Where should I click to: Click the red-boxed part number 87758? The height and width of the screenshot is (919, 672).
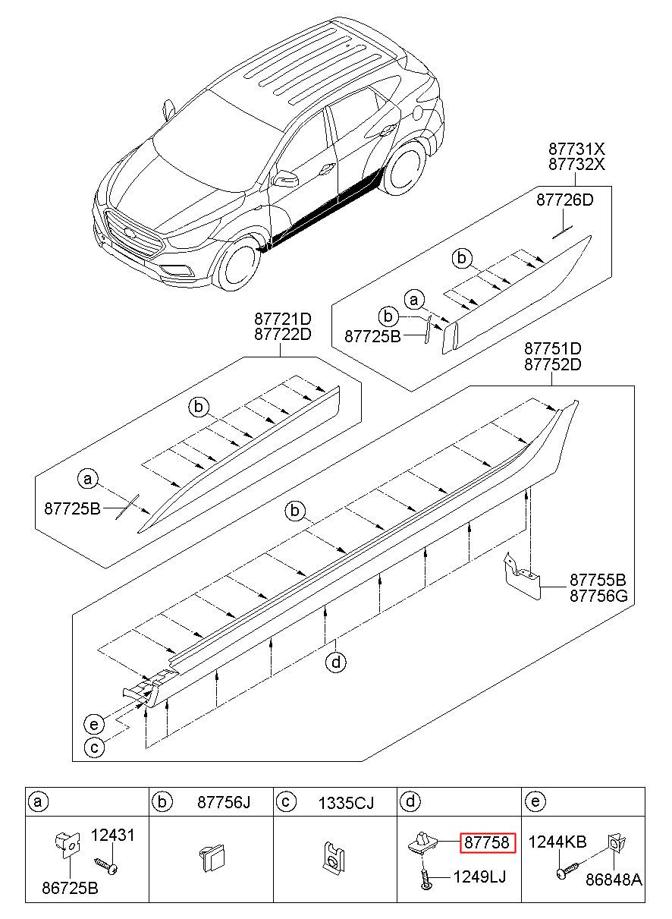point(486,843)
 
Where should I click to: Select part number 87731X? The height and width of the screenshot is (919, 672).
point(576,149)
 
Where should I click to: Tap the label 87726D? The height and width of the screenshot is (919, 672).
point(564,200)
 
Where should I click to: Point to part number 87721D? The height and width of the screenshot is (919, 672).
point(282,319)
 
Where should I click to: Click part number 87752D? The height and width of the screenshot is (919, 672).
point(553,364)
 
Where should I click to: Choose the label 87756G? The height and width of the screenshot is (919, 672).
point(598,595)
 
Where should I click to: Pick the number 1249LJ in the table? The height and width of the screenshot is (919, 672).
point(479,877)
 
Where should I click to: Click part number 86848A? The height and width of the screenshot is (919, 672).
point(614,880)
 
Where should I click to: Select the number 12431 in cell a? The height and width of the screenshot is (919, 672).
point(112,835)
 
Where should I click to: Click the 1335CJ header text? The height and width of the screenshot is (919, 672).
point(346,802)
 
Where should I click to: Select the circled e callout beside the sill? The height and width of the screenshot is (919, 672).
point(94,725)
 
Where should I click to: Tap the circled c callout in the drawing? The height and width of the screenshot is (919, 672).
point(94,747)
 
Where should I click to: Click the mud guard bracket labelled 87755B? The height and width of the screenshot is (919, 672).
point(522,576)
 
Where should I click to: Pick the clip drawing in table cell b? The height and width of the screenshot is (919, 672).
point(212,858)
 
